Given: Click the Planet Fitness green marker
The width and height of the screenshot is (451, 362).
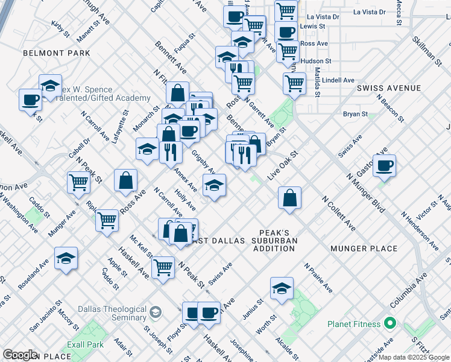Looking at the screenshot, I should [390, 324].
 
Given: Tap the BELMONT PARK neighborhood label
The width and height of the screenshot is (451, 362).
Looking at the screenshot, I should [56, 53].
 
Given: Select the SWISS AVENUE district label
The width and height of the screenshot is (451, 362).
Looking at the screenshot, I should [389, 88].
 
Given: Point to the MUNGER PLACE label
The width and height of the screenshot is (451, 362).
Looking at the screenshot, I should [364, 248].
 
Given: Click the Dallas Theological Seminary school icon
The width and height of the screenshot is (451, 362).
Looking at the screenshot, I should [156, 312].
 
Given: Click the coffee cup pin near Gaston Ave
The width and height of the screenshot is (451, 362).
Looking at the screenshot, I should [384, 165].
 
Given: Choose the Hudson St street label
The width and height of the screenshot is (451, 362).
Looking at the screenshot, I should [316, 61].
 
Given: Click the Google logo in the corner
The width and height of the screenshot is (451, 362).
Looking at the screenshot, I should [20, 355].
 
